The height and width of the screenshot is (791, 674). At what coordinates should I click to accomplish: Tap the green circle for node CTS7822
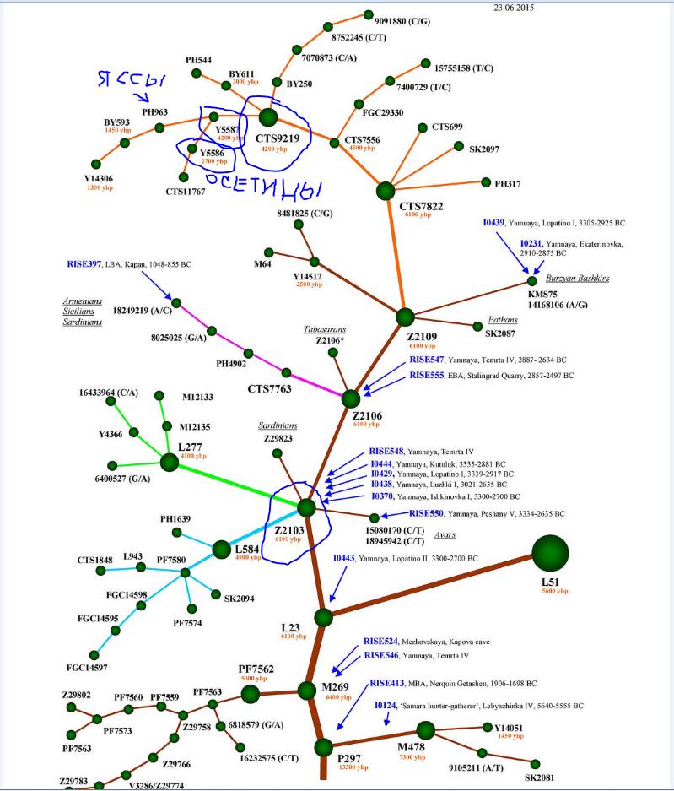(386, 192)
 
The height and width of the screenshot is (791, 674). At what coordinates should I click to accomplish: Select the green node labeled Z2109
(406, 317)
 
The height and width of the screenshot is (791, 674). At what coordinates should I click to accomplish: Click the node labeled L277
(170, 461)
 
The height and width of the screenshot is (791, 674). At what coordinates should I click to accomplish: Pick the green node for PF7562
(250, 694)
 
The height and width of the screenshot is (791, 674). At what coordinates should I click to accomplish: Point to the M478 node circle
(425, 730)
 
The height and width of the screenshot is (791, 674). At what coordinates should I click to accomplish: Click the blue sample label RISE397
(84, 264)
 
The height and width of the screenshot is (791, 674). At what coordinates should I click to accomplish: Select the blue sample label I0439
(493, 223)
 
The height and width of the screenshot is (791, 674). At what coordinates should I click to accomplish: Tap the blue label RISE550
(426, 513)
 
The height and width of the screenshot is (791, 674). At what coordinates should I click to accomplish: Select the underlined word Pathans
(503, 320)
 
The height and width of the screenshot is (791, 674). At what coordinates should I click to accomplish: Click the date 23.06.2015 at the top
(513, 8)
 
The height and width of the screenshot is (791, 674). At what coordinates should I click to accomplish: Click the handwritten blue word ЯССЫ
(127, 83)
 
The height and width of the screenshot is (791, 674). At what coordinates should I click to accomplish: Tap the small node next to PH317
(486, 181)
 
